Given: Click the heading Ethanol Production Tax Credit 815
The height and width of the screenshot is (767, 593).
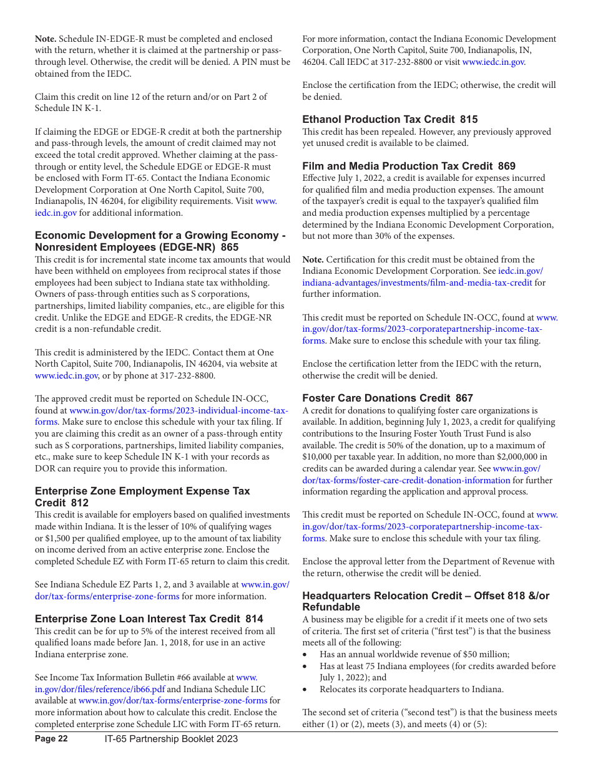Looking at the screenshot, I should (390, 119).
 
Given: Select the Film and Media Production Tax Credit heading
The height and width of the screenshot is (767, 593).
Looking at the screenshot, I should (408, 166).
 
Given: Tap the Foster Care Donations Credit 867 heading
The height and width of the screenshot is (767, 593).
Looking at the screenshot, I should (387, 398).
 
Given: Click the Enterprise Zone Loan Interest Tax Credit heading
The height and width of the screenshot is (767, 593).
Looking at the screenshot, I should (149, 619).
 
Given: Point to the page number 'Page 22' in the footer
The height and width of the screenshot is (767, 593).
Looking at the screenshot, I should (51, 739).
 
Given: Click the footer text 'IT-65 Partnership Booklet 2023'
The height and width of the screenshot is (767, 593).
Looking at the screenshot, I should (171, 739).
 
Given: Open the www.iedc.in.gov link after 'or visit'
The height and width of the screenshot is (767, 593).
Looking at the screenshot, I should (493, 62).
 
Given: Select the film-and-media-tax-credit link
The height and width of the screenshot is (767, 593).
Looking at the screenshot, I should (417, 282).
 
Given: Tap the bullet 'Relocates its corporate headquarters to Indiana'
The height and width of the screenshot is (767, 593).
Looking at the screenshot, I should (411, 689).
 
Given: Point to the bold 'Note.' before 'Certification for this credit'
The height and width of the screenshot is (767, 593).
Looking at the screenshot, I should (313, 259).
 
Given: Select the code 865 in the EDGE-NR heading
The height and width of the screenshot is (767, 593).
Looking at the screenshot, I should (230, 247).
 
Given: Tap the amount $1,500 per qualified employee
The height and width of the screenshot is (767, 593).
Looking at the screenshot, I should (59, 538).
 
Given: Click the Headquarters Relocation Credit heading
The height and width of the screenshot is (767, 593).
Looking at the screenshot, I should (426, 601).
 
